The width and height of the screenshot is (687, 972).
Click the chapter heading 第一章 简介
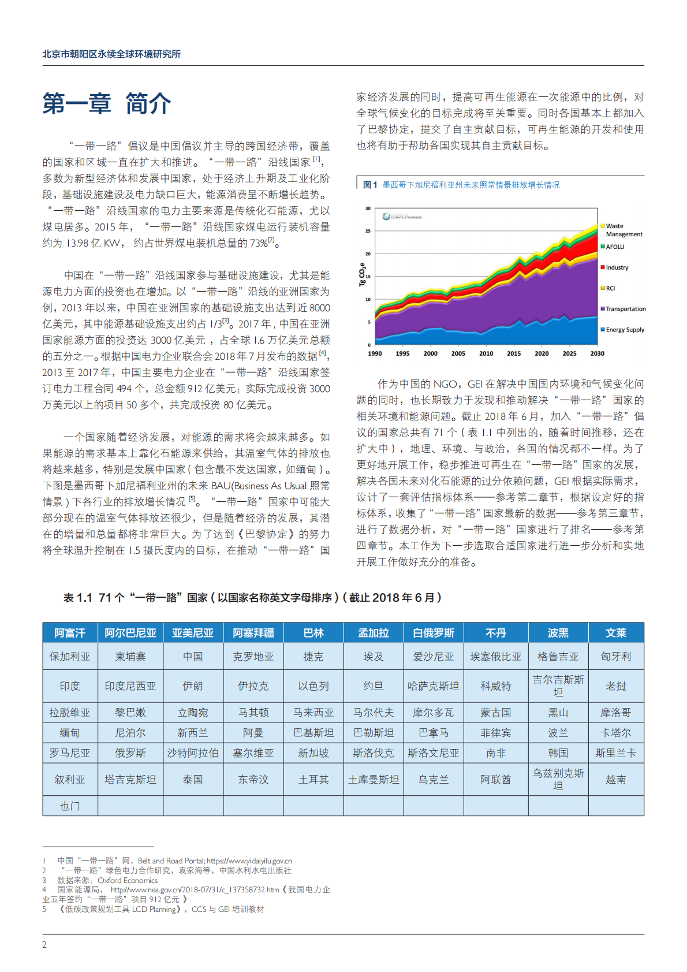(x=107, y=104)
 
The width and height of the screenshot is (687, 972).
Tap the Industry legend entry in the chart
(x=617, y=267)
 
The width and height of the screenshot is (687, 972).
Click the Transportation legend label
(x=625, y=309)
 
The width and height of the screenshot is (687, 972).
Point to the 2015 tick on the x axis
(x=514, y=353)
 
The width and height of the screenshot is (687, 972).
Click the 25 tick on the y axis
(x=368, y=231)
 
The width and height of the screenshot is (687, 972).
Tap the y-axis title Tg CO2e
(x=363, y=275)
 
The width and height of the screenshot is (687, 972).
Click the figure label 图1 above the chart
(x=369, y=185)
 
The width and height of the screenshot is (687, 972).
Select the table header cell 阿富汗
(x=70, y=633)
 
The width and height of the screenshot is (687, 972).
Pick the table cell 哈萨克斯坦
(x=433, y=686)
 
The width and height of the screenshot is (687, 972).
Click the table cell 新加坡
(x=313, y=753)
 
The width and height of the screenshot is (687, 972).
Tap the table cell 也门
(x=70, y=806)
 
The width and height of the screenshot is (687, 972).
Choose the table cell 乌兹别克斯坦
(x=558, y=779)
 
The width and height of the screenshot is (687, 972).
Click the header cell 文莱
(x=616, y=633)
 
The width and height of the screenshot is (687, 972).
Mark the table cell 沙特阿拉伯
(x=193, y=753)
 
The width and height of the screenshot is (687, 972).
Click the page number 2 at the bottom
(x=44, y=945)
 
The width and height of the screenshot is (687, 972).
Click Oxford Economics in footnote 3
(x=128, y=880)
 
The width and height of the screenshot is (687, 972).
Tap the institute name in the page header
(x=111, y=54)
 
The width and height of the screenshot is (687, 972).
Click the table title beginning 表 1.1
(x=252, y=598)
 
